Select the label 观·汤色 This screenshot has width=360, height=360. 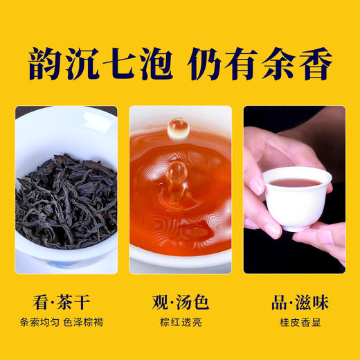pyautogui.click(x=180, y=303)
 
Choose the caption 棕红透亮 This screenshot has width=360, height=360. pyautogui.click(x=180, y=323)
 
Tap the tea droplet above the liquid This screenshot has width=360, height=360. pyautogui.click(x=179, y=127)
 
